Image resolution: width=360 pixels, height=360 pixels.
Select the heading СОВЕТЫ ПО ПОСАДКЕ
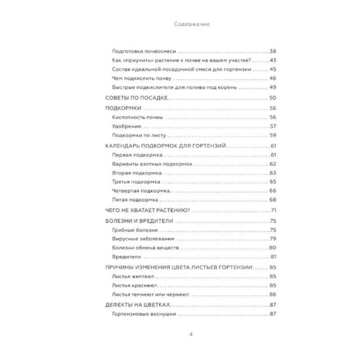point(136,98)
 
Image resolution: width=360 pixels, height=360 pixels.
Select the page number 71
point(272,211)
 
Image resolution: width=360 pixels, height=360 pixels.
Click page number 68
point(272,200)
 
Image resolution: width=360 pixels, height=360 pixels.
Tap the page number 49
point(272,87)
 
